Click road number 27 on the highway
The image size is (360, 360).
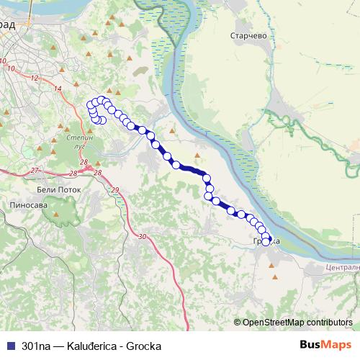click(35, 171)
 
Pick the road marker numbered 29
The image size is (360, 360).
click(114, 189)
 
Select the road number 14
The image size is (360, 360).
click(58, 88)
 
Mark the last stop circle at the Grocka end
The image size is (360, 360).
click(265, 242)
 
